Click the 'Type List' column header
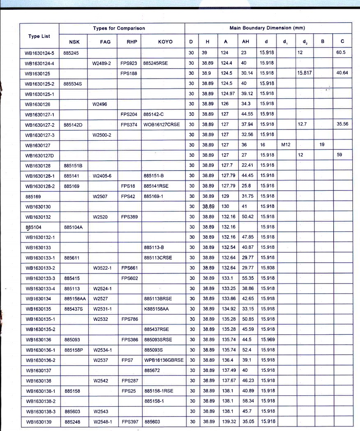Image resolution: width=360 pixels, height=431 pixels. (x=39, y=36)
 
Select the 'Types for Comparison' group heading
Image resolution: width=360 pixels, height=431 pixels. (x=119, y=28)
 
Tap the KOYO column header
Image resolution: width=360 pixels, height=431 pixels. (x=165, y=42)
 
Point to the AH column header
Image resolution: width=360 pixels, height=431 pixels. (x=245, y=42)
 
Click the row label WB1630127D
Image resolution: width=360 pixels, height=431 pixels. (x=40, y=155)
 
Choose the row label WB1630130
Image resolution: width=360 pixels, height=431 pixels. (x=38, y=206)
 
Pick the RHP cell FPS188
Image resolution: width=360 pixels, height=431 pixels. (x=129, y=73)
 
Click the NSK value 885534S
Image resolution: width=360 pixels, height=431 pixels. (x=73, y=83)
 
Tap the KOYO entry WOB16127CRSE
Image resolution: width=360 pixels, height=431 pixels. (x=162, y=124)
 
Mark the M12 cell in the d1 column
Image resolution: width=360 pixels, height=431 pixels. (x=286, y=145)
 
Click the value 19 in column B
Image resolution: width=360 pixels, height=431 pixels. (x=323, y=145)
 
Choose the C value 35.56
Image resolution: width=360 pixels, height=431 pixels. (x=342, y=124)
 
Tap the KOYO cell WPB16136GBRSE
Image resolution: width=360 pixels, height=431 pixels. (x=164, y=360)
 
